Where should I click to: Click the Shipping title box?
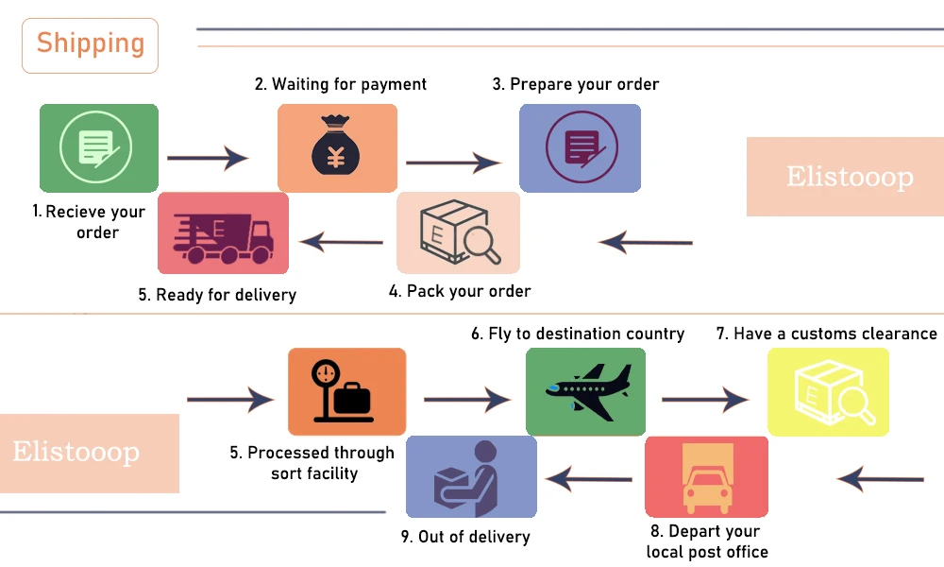(x=91, y=44)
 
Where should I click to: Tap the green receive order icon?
(x=98, y=147)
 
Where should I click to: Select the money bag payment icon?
(x=337, y=147)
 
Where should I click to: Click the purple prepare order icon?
(x=580, y=147)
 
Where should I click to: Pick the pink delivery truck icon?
(x=223, y=232)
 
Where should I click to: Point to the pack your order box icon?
(x=458, y=232)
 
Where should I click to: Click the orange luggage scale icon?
(x=346, y=391)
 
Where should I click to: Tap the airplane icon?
(x=585, y=391)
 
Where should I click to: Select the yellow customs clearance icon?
(x=828, y=391)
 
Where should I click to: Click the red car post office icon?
(x=706, y=476)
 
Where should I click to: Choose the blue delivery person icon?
(x=471, y=476)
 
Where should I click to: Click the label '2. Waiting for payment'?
(x=341, y=84)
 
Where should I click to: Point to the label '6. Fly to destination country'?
(x=578, y=334)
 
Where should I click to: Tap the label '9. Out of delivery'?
(x=465, y=537)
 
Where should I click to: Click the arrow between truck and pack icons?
(x=341, y=243)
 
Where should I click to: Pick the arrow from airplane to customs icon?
(x=705, y=400)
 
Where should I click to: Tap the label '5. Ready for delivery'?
(x=217, y=295)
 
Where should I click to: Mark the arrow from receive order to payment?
(x=208, y=158)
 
